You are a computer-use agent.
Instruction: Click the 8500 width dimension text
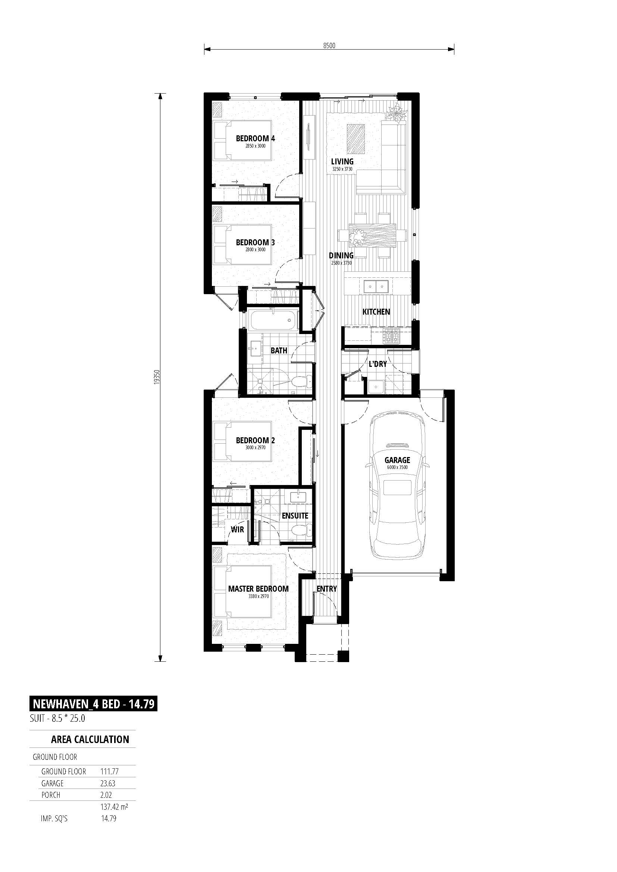(329, 45)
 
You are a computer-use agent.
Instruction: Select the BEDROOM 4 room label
(255, 139)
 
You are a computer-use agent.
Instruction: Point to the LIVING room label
(342, 161)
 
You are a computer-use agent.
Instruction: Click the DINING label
(341, 256)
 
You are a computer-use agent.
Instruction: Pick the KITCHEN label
(376, 312)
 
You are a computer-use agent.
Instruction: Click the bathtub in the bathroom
(273, 319)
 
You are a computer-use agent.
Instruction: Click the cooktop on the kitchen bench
(391, 336)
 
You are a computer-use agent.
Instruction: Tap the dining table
(372, 236)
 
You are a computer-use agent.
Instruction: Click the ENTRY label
(327, 589)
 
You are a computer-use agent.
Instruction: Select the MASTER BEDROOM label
(259, 589)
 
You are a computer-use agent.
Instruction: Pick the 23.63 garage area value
(108, 783)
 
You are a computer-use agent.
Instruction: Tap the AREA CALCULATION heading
(90, 739)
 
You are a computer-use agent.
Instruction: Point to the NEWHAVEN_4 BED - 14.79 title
(94, 704)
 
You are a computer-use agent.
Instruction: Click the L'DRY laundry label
(378, 364)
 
